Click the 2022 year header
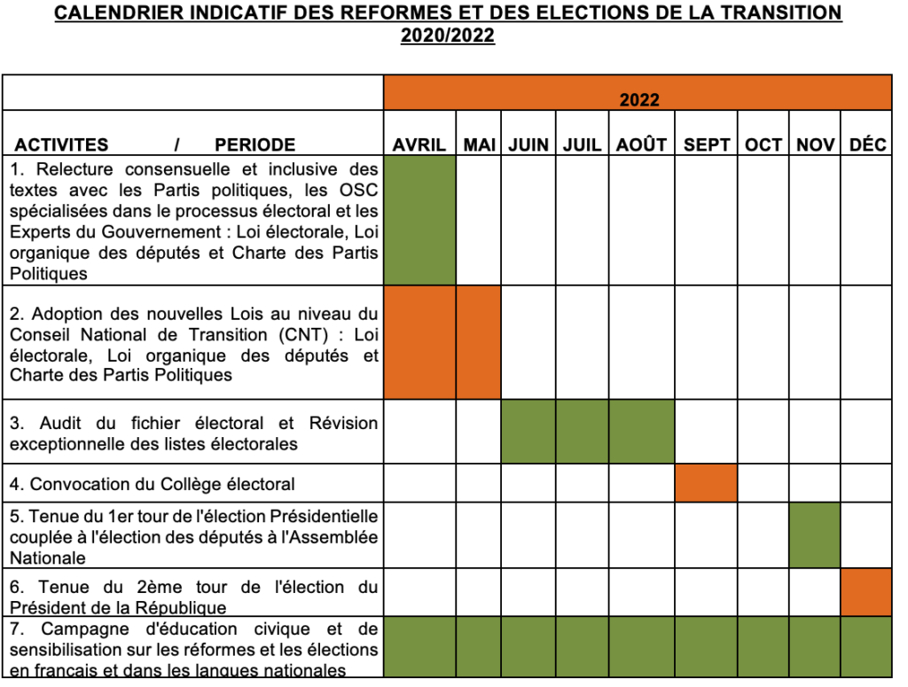coord(638,99)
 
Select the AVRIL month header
coord(419,144)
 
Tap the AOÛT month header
coord(641,144)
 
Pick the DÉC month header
coord(867,144)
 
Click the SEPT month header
coord(706,144)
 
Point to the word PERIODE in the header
coord(254,144)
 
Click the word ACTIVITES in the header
coord(61,144)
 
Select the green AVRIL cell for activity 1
coord(419,220)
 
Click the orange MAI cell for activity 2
coord(479,341)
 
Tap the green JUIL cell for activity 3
coord(582,431)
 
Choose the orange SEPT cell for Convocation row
coord(706,483)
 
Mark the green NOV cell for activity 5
coord(814,535)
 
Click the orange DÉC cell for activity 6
coord(866,591)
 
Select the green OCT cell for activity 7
coord(763,647)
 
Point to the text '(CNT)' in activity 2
coord(318,335)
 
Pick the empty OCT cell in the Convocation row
coord(763,483)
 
